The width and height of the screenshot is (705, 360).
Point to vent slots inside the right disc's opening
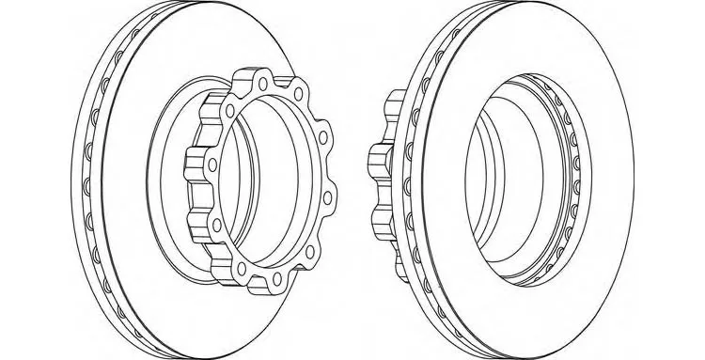click(569, 179)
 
